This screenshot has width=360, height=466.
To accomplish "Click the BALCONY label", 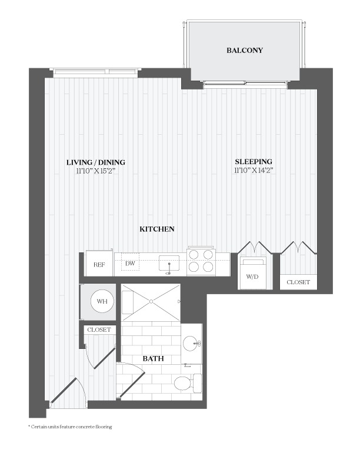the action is click(x=245, y=50).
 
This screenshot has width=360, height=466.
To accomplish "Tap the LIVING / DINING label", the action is click(x=96, y=162).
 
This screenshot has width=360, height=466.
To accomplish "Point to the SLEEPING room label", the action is click(x=254, y=162).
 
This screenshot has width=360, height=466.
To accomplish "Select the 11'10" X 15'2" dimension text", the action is click(x=96, y=171).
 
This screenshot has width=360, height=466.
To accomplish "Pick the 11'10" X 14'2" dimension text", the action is click(x=254, y=170).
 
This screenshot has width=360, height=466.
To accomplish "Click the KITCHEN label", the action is click(x=157, y=229).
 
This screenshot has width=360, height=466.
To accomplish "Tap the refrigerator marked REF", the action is click(x=99, y=264).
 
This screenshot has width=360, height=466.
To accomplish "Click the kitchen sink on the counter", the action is click(x=169, y=264).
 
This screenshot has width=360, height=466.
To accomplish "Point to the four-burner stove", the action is click(x=201, y=261).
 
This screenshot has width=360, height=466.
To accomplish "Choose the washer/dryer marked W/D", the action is click(x=252, y=273).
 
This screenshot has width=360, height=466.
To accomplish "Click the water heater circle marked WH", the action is click(x=102, y=301).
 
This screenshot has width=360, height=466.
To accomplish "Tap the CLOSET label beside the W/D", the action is click(x=298, y=282).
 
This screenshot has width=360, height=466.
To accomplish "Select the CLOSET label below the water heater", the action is click(x=99, y=329).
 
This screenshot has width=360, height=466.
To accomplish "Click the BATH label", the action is click(x=154, y=358).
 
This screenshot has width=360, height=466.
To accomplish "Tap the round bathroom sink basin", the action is click(x=190, y=344).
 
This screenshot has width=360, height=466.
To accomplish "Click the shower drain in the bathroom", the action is click(x=151, y=301).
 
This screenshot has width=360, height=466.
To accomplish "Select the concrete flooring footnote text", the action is click(x=70, y=427).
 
